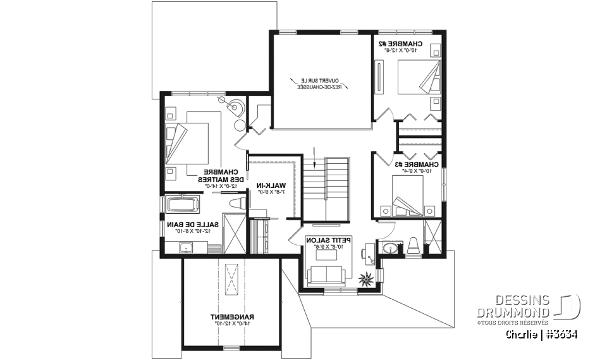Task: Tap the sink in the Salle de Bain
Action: click(185, 247)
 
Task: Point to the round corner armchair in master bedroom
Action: click(236, 108)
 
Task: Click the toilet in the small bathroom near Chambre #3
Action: click(413, 245)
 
